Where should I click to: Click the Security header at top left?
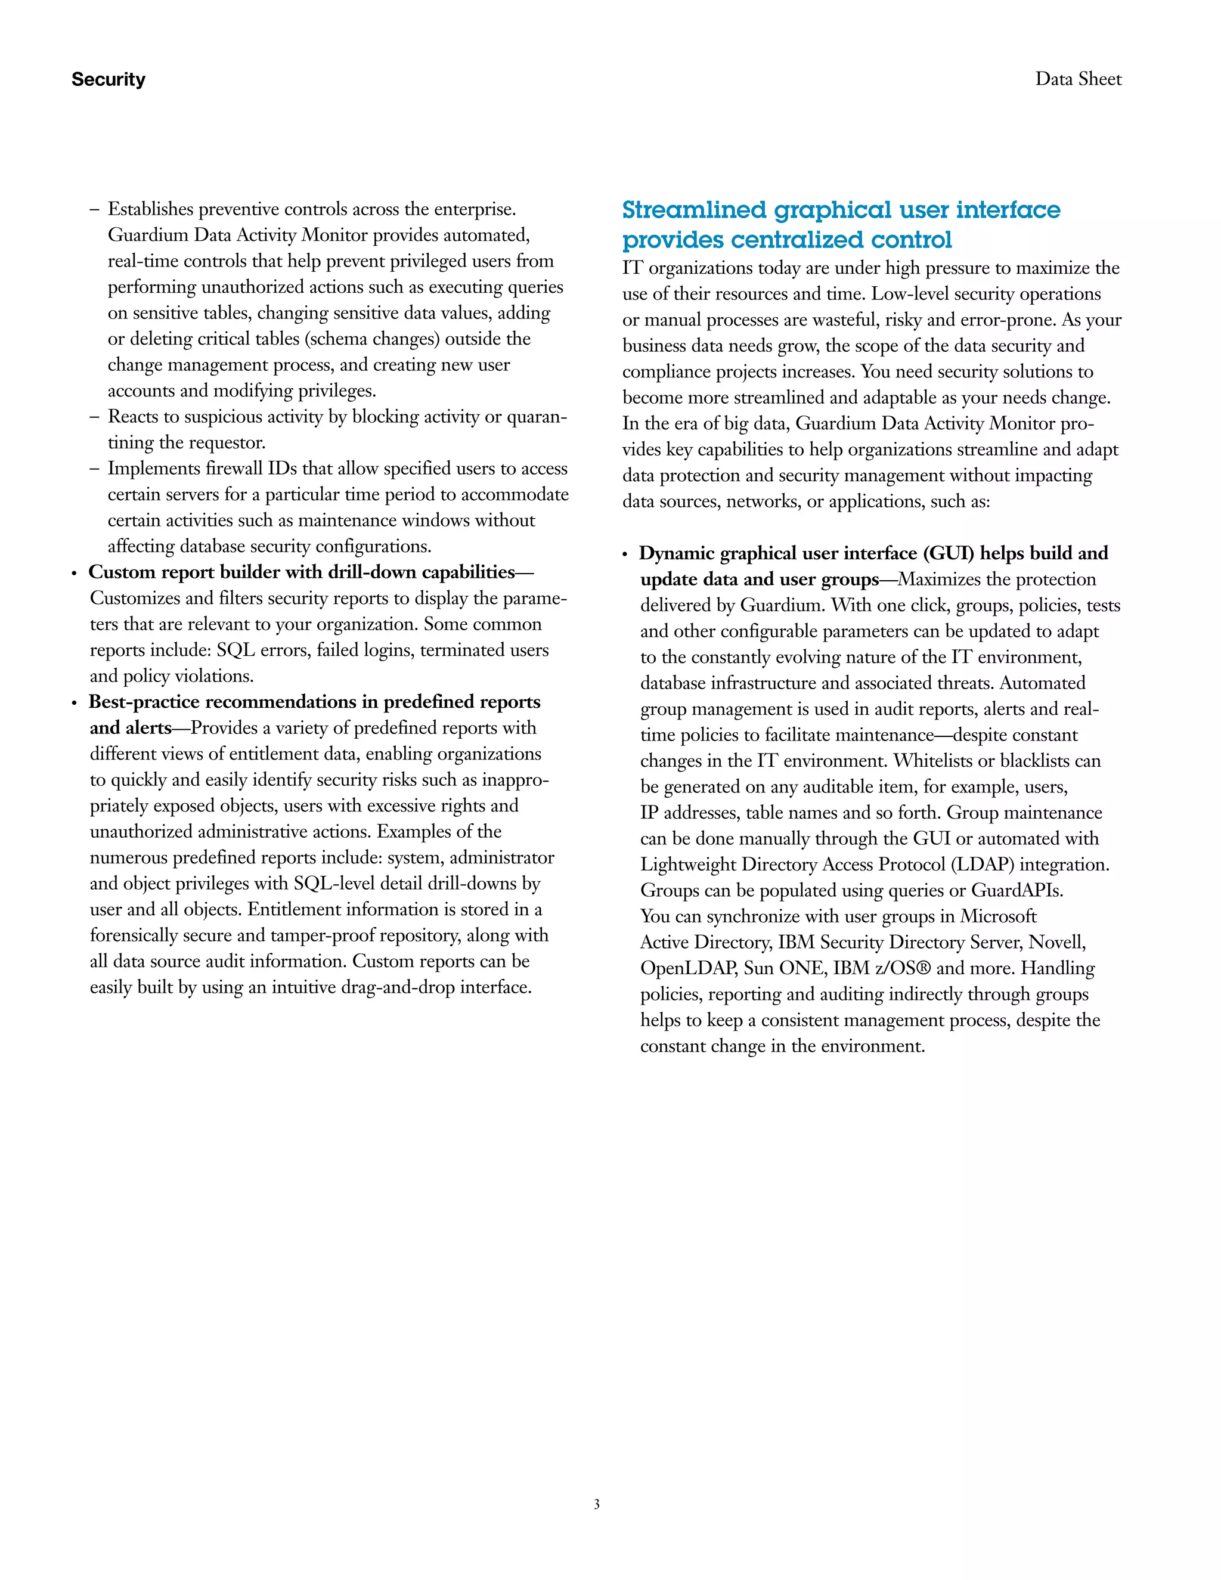pyautogui.click(x=108, y=79)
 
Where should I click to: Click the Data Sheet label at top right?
pyautogui.click(x=1078, y=79)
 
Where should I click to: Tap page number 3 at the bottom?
pyautogui.click(x=597, y=1504)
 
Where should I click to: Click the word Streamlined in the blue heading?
pyautogui.click(x=694, y=210)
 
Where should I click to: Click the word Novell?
pyautogui.click(x=1057, y=942)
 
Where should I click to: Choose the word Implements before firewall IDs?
pyautogui.click(x=154, y=469)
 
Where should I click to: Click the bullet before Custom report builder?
pyautogui.click(x=75, y=574)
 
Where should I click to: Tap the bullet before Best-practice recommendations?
pyautogui.click(x=75, y=703)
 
